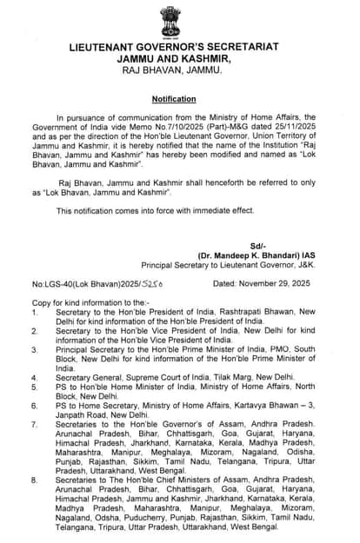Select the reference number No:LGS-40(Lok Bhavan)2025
click(80, 284)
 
